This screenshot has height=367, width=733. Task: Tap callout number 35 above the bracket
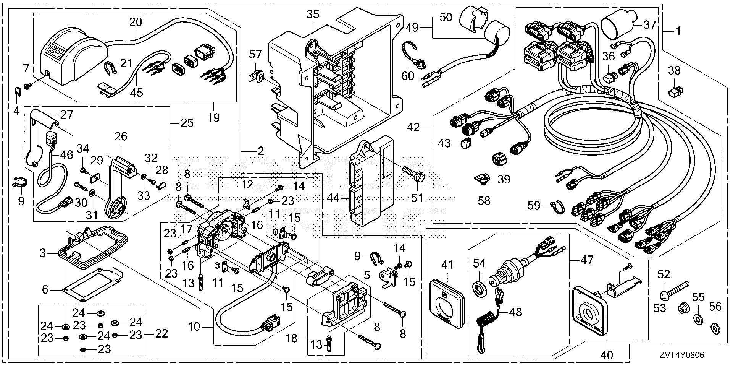click(x=313, y=15)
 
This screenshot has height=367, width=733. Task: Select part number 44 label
click(x=333, y=198)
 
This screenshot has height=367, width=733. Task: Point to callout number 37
click(x=649, y=25)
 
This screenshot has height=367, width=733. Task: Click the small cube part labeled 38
click(x=675, y=92)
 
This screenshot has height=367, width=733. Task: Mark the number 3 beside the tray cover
click(x=43, y=253)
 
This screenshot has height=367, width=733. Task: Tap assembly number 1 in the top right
click(x=678, y=31)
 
